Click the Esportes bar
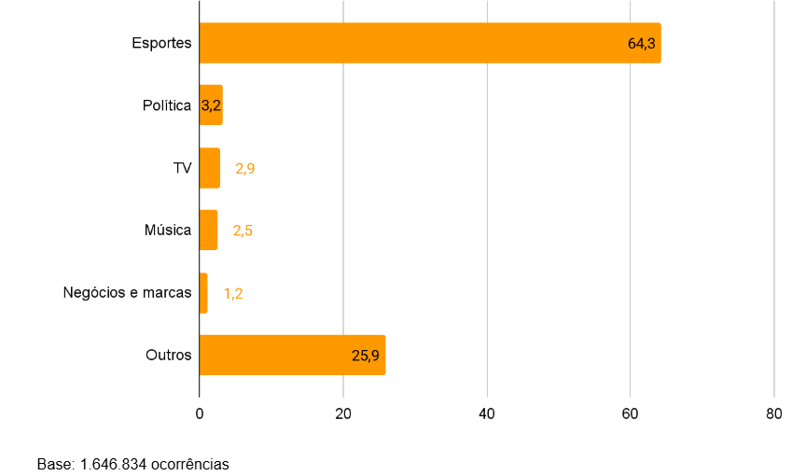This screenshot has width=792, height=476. coord(410,43)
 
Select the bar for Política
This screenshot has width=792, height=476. coord(211,105)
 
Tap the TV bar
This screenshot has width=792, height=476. coord(210,168)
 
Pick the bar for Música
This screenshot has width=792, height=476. coord(208,231)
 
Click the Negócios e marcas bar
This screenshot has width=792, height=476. coord(203,293)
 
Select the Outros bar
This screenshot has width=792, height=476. coord(280,355)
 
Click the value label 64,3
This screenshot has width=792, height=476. coord(642,44)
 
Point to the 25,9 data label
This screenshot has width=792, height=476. coord(367,356)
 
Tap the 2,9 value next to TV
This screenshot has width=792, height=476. coord(245,169)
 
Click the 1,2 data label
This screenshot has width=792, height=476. coord(233,293)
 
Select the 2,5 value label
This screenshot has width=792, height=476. coord(243,231)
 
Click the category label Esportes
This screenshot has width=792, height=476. coord(161,43)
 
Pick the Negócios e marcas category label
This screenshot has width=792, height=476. coord(127,292)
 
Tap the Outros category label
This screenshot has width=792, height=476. coord(168,355)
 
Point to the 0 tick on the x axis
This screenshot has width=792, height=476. coord(200,413)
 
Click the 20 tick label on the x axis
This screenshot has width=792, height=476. coord(343,413)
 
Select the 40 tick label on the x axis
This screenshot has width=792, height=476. coord(487,413)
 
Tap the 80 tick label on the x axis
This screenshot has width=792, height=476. coord(773,413)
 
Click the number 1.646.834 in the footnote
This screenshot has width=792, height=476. coord(113,464)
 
